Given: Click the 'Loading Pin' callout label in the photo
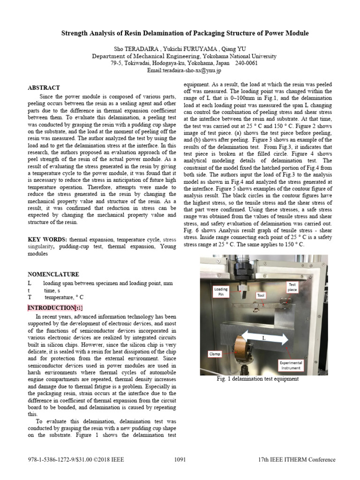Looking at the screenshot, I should (221, 292).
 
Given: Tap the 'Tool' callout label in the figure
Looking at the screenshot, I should (261, 296).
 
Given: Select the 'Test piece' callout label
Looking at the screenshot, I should (292, 287).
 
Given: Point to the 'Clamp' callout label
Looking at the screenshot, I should (215, 354).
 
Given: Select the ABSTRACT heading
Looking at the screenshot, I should (44, 88).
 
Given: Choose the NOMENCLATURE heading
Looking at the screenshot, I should (53, 274).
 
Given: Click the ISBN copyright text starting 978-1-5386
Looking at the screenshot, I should (76, 459).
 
